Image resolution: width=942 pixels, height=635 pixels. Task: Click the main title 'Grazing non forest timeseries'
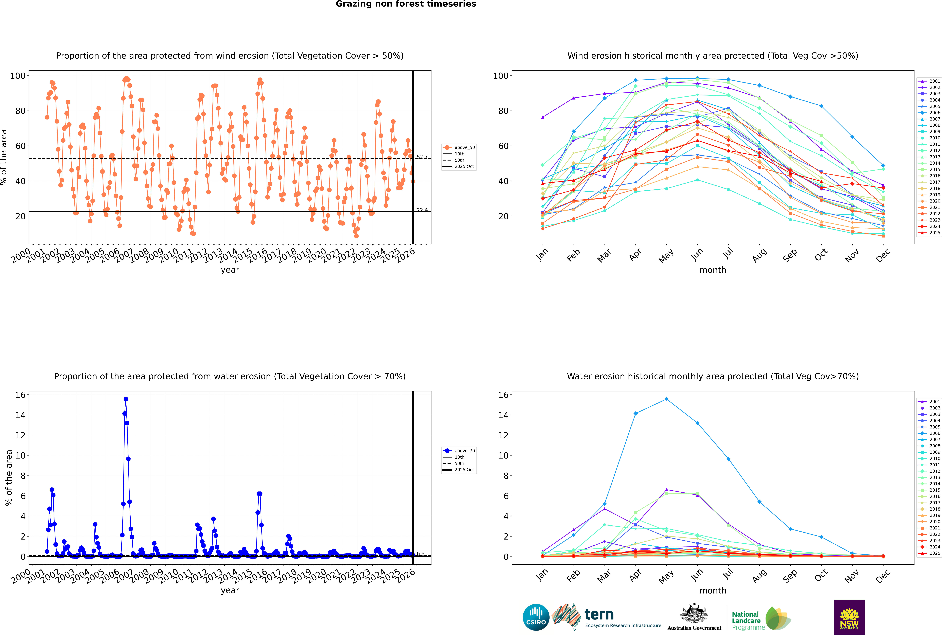pos(406,4)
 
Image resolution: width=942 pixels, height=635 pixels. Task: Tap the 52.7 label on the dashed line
pos(422,157)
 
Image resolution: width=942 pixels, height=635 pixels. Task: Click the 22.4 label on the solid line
pos(422,210)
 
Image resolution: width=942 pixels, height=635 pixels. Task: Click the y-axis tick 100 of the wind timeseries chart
pos(18,76)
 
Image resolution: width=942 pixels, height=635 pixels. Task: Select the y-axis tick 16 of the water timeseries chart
pos(20,395)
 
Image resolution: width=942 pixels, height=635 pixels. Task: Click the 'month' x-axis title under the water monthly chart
pos(713,590)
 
